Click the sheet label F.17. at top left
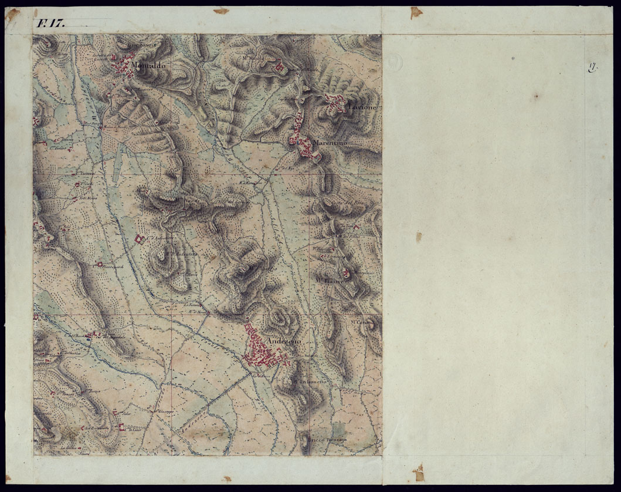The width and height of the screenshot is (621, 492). pyautogui.click(x=50, y=23)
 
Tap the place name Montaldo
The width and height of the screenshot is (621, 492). pyautogui.click(x=149, y=66)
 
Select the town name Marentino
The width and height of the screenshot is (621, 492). pyautogui.click(x=330, y=143)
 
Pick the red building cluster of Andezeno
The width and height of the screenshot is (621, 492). pyautogui.click(x=261, y=351)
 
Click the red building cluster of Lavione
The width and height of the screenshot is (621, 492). pyautogui.click(x=337, y=104)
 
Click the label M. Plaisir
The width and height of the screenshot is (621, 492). pyautogui.click(x=330, y=281)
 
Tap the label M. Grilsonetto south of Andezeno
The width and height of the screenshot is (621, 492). pyautogui.click(x=311, y=382)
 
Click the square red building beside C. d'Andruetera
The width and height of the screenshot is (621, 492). pyautogui.click(x=139, y=239)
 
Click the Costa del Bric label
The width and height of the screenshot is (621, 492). pyautogui.click(x=348, y=203)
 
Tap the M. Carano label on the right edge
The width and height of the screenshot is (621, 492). pyautogui.click(x=362, y=322)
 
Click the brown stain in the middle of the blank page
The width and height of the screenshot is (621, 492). pyautogui.click(x=419, y=237)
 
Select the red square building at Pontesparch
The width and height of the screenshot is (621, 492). pyautogui.click(x=100, y=265)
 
